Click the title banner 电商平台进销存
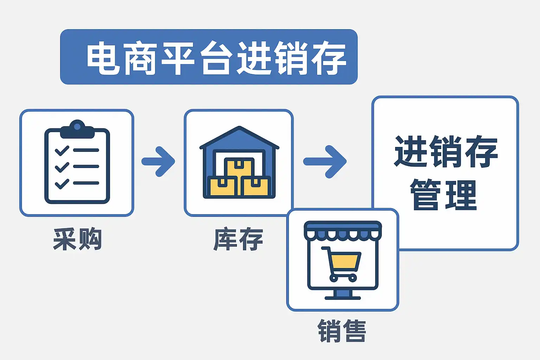tap(209, 57)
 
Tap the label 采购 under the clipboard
tap(77, 239)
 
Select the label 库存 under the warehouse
tap(238, 239)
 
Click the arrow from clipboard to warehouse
tap(159, 161)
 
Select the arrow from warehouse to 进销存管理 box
tap(325, 161)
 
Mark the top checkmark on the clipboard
tap(62, 150)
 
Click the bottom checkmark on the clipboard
tap(62, 184)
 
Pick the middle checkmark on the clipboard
tap(62, 167)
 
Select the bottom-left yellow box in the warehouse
tap(222, 186)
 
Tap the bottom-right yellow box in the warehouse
tap(256, 186)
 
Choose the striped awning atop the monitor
tap(343, 230)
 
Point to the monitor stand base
tap(343, 297)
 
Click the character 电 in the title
tap(103, 58)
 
